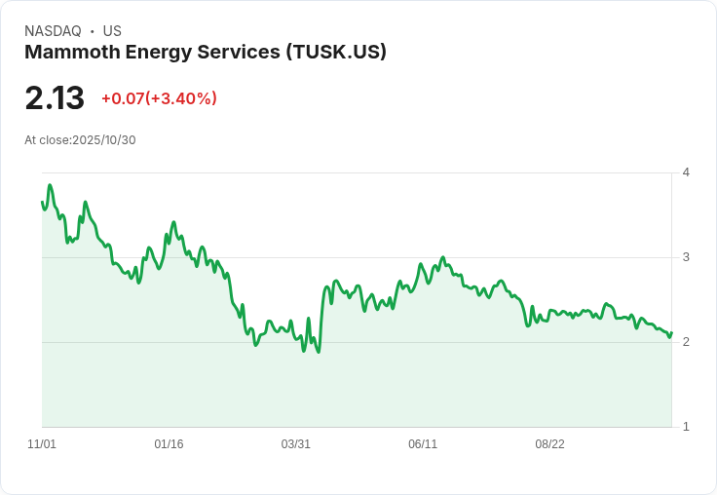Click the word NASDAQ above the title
53,31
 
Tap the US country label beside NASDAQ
112,31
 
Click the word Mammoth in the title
72,52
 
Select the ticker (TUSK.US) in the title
336,52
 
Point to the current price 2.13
55,97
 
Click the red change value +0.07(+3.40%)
159,98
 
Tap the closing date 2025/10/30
104,140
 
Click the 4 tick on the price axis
686,172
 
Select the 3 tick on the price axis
686,257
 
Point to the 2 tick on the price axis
686,342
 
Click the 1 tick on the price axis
686,427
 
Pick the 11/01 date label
42,444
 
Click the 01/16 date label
169,444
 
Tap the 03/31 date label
296,444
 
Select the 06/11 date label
423,444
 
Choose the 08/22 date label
550,444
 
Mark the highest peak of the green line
50,185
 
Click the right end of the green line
671,333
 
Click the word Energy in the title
158,53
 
